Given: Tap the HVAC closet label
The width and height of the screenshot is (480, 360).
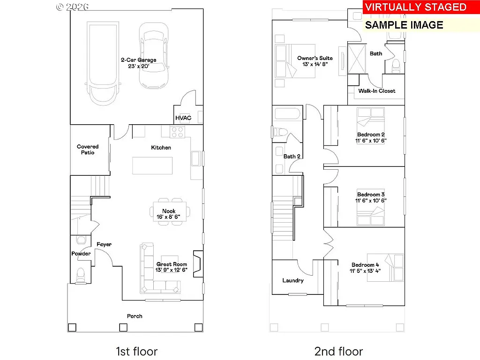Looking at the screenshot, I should point(183,118).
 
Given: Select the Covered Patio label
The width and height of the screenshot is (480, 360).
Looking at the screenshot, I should point(88,150).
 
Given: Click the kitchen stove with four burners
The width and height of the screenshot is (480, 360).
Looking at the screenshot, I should point(178,132).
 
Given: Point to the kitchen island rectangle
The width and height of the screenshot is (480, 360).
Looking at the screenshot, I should point(152,165).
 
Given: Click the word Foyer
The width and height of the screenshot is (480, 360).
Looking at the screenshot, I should point(104,244).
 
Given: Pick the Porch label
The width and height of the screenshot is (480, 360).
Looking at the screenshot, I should point(135,316).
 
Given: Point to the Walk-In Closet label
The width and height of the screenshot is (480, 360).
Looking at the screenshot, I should point(376,91).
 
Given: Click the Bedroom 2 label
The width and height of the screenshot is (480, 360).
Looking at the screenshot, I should point(371,135).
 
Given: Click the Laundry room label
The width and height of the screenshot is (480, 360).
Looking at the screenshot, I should point(293,280).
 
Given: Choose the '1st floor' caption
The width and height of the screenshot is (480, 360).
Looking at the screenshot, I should point(136,351).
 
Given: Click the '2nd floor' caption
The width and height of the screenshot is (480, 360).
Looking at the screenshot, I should point(338,351).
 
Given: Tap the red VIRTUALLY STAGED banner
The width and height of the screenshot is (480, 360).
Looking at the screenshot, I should point(415,7).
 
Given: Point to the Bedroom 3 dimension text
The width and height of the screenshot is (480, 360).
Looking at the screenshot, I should point(371,201).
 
